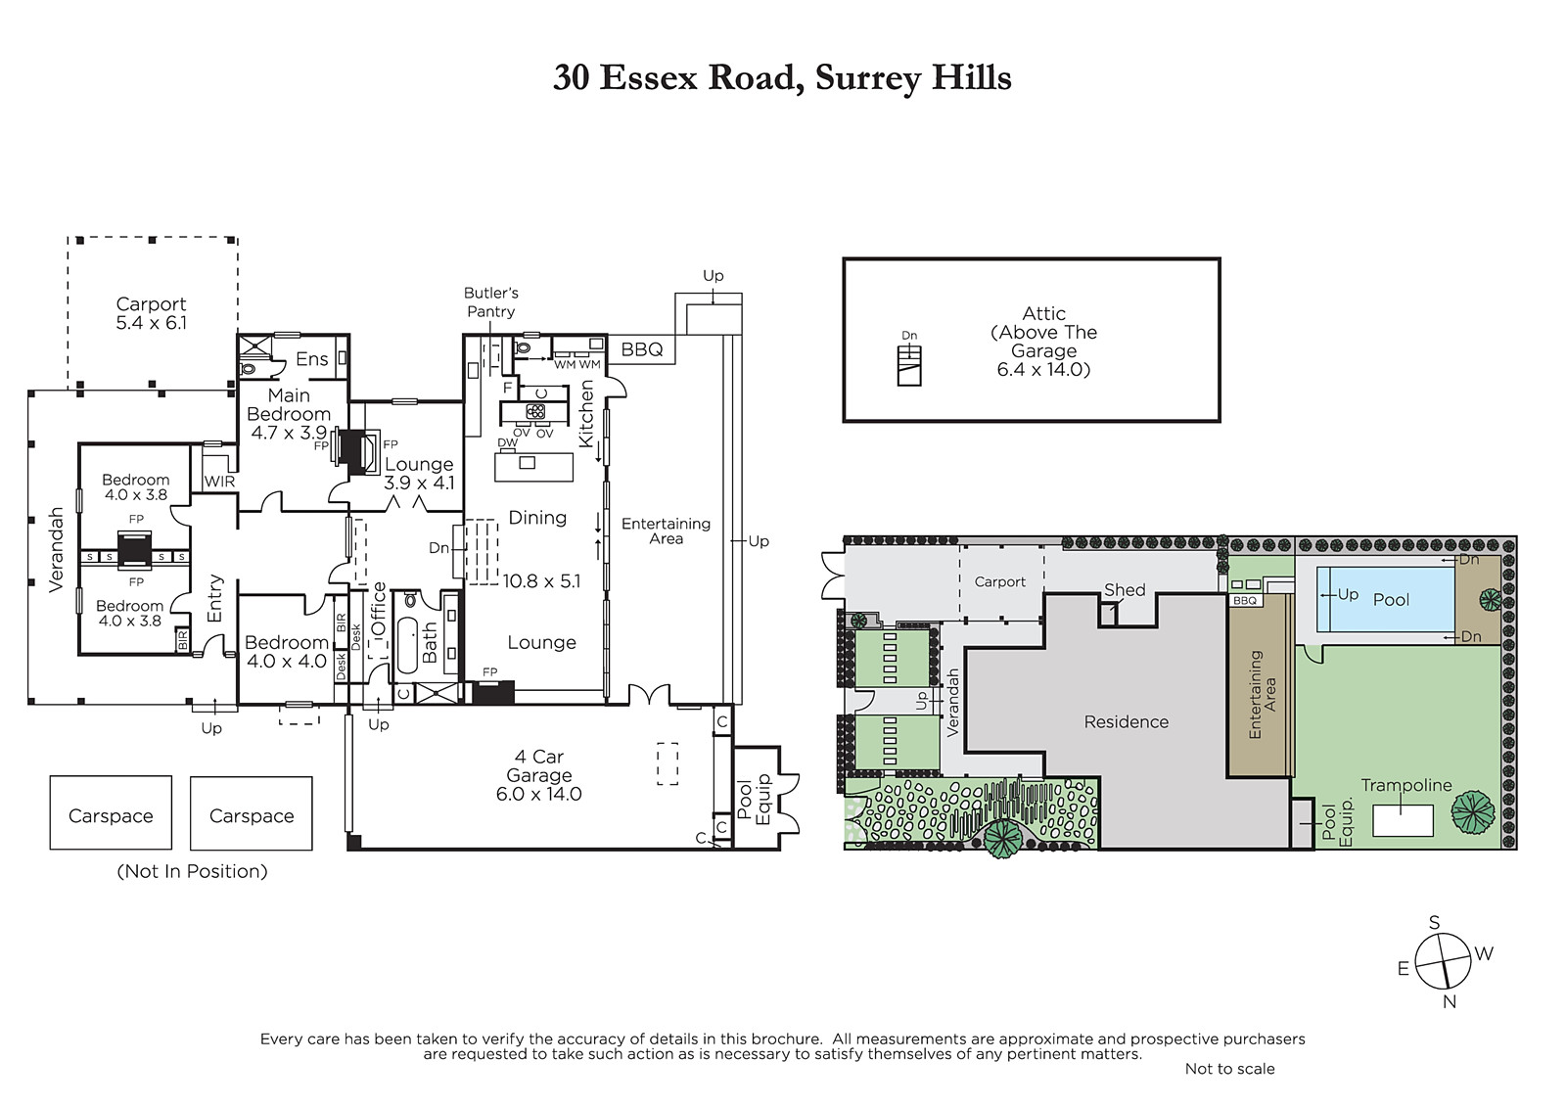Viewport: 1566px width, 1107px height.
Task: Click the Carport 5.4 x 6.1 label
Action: point(151,313)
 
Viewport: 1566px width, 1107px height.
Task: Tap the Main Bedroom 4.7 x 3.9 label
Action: point(289,414)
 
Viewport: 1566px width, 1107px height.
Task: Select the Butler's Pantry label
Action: point(490,302)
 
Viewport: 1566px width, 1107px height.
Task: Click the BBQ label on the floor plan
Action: point(642,349)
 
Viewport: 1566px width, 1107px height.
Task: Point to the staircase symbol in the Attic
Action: point(909,367)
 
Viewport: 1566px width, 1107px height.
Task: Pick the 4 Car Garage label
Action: point(539,775)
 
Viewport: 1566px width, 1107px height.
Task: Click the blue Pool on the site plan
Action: point(1385,599)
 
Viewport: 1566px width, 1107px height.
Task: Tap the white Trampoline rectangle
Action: point(1403,820)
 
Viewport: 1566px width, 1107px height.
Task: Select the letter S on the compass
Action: point(1434,923)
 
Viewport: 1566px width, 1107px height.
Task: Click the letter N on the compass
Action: point(1450,1001)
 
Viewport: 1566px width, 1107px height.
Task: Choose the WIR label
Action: point(219,482)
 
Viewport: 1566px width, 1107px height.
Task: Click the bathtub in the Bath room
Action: point(407,645)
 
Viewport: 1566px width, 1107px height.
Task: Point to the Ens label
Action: point(312,359)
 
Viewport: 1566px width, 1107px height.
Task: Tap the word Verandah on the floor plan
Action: point(57,550)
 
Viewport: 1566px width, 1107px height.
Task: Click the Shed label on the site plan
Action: point(1125,589)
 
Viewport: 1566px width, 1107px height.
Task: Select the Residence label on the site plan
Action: point(1127,721)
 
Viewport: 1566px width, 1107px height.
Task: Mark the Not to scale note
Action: point(1229,1069)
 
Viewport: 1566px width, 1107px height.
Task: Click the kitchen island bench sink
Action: point(528,462)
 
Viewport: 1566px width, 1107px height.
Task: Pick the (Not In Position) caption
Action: point(192,871)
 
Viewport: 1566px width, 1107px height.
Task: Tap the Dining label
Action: point(537,518)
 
